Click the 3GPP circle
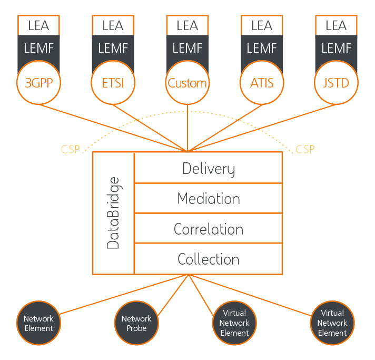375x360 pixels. (x=39, y=83)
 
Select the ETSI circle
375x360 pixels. (x=113, y=83)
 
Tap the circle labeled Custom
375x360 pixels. (x=187, y=83)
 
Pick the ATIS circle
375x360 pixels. (x=262, y=83)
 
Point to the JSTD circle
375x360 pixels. (x=336, y=83)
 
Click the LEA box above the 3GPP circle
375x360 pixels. (x=39, y=25)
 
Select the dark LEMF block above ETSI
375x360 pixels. (x=113, y=49)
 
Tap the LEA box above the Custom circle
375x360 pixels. (x=187, y=25)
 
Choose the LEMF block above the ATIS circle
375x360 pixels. (x=262, y=49)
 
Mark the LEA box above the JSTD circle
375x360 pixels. (x=336, y=25)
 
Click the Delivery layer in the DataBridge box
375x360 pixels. (x=209, y=168)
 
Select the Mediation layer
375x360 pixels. (x=209, y=199)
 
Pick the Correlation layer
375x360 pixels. (x=209, y=229)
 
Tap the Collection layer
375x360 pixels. (x=209, y=259)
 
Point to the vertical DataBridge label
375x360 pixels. (x=113, y=213)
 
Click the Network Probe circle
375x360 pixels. (x=136, y=323)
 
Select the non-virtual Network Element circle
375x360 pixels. (x=38, y=323)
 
